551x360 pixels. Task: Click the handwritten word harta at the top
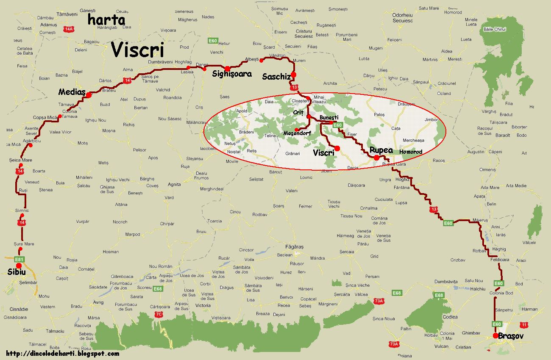click(x=106, y=20)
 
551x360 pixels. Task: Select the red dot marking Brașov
click(x=495, y=336)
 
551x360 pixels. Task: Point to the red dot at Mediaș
click(x=89, y=95)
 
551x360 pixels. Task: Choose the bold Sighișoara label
click(x=232, y=74)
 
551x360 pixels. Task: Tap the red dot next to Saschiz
click(x=293, y=75)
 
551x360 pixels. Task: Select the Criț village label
click(x=299, y=112)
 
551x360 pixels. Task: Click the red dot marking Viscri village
click(x=337, y=148)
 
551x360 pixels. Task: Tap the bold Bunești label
click(x=329, y=117)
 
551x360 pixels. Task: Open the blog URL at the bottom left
click(x=63, y=354)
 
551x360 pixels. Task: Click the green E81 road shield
click(x=19, y=259)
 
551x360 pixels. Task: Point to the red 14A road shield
click(x=68, y=29)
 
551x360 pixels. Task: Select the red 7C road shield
click(x=159, y=314)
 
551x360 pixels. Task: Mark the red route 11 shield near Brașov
click(x=525, y=325)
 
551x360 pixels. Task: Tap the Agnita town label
click(x=174, y=184)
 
